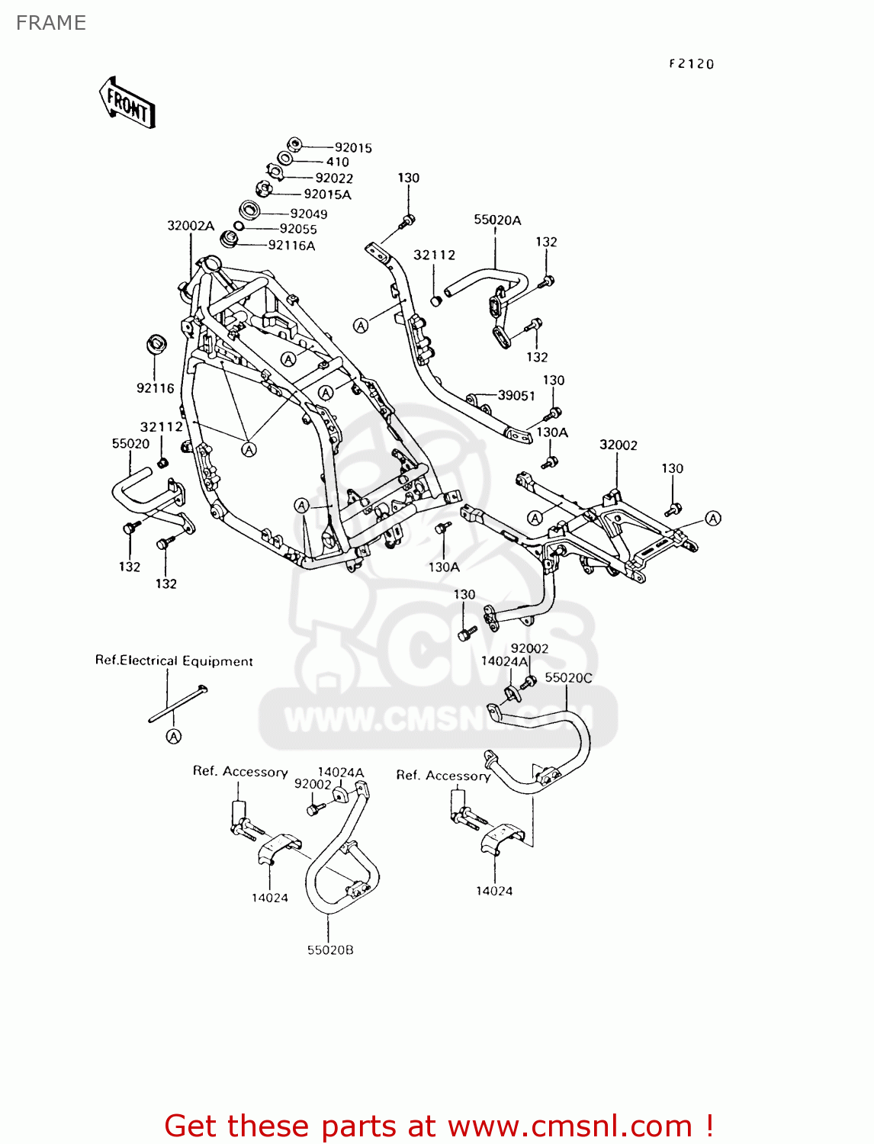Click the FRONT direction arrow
127,103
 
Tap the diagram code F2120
691,63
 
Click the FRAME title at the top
50,22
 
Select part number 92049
309,214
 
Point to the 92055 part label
298,229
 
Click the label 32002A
191,226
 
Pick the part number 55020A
497,220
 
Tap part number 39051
516,396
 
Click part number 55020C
569,677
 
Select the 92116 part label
156,387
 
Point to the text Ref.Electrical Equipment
174,661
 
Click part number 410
338,162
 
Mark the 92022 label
334,178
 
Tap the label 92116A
291,245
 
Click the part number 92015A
327,194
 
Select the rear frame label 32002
618,445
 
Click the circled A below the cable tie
174,736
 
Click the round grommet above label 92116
156,345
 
